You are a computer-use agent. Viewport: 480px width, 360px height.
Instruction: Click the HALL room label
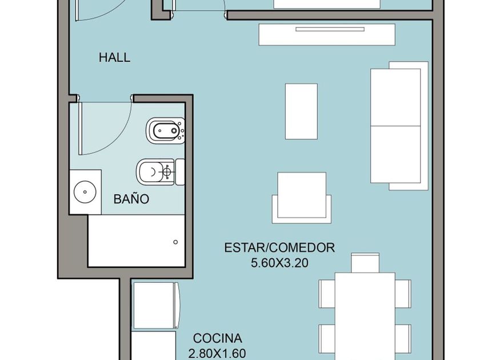(114, 58)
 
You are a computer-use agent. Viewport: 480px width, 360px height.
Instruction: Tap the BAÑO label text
(131, 199)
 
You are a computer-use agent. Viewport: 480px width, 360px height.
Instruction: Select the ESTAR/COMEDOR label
(279, 247)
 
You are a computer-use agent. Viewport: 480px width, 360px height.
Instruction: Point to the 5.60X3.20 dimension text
(279, 263)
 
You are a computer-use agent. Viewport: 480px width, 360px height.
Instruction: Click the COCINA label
(218, 338)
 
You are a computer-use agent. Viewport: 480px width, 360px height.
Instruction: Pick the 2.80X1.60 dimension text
(217, 354)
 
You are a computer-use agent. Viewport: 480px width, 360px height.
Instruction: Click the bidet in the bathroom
(165, 131)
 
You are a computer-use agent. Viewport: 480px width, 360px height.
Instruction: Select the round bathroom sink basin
(85, 192)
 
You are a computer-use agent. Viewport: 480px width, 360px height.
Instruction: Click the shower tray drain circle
(175, 242)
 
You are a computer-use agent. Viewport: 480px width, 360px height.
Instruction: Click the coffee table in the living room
(301, 111)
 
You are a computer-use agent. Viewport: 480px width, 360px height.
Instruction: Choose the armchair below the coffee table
(302, 198)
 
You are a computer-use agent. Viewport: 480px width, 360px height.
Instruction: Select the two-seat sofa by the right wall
(399, 126)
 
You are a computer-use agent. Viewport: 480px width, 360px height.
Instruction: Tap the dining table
(365, 316)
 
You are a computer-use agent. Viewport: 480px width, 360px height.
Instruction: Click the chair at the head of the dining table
(365, 263)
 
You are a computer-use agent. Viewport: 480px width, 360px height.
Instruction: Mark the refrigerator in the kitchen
(156, 306)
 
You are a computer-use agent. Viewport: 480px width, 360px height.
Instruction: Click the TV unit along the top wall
(327, 35)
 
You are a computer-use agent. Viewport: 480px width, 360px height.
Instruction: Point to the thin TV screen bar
(330, 29)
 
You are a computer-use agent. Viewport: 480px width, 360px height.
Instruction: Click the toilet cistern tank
(180, 172)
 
